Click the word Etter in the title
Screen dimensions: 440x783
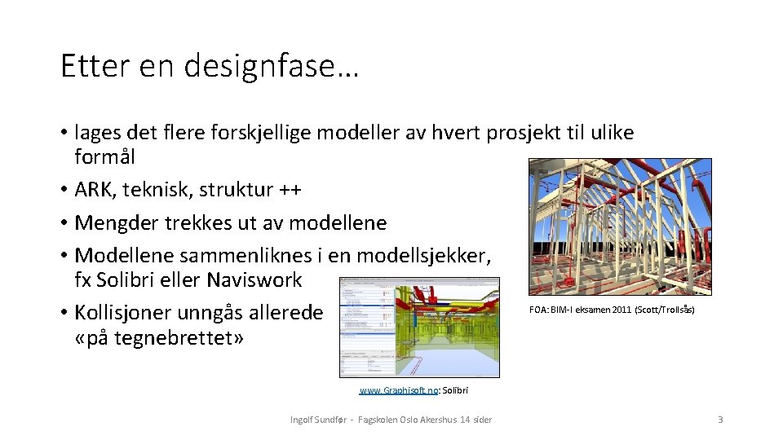[x=92, y=66]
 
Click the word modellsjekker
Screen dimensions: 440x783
[x=423, y=256]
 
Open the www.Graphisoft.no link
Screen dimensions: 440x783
[x=398, y=391]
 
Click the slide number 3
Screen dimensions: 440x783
[x=720, y=420]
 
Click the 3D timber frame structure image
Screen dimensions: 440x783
[x=620, y=226]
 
